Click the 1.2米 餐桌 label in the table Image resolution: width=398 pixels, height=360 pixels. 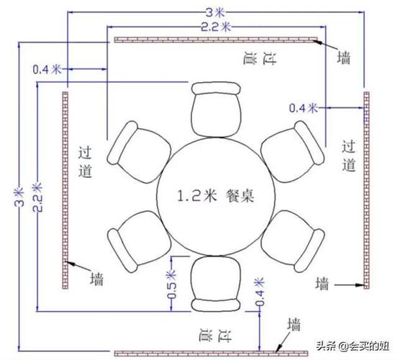click(x=215, y=196)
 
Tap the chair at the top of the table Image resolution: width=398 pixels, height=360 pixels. click(x=216, y=109)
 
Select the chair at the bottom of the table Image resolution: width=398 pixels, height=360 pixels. click(x=215, y=284)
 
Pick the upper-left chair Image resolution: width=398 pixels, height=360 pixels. click(x=139, y=152)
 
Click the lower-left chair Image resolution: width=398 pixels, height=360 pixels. click(x=139, y=241)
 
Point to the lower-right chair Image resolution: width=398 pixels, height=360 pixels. click(x=293, y=241)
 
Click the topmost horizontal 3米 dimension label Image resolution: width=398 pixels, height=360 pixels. click(x=215, y=12)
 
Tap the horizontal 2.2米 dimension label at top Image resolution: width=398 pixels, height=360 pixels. click(x=216, y=27)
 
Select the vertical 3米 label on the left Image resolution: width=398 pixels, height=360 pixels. click(x=19, y=197)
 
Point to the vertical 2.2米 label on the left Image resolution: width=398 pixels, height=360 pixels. click(x=37, y=197)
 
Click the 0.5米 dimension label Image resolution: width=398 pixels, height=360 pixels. click(x=171, y=284)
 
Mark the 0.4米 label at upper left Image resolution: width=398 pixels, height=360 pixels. click(x=48, y=69)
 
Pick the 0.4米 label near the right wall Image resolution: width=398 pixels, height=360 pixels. click(x=304, y=108)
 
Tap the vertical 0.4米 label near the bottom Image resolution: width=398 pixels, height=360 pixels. click(x=259, y=292)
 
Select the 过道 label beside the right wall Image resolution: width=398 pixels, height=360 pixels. click(x=348, y=156)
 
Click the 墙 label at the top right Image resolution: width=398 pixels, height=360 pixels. click(x=344, y=58)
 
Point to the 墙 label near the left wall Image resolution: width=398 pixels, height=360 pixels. click(x=97, y=279)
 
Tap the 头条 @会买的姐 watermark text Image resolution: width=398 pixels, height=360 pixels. click(x=353, y=346)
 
